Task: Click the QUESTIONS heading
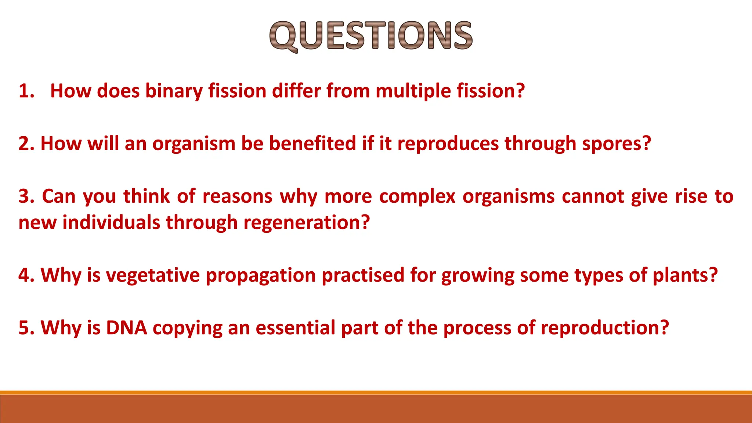coord(371,36)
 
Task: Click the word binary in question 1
coord(174,91)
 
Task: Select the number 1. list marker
coord(26,91)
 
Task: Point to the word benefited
coord(312,144)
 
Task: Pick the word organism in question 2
coord(194,144)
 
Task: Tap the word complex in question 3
coord(417,196)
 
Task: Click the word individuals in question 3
coord(111,223)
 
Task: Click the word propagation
coord(261,275)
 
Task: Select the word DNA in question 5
coord(127,328)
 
